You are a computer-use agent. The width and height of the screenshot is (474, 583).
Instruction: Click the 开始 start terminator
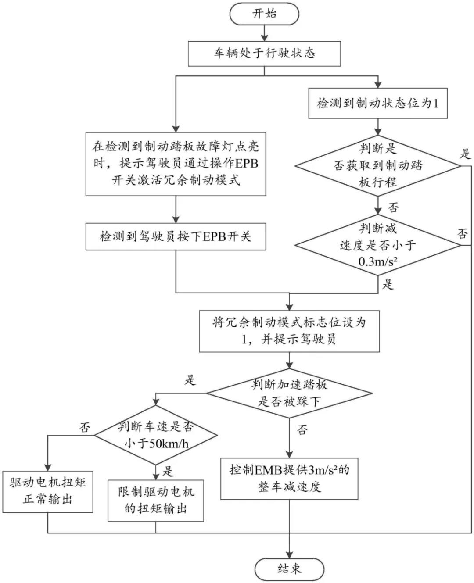click(264, 14)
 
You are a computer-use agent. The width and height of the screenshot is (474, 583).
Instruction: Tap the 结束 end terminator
click(289, 569)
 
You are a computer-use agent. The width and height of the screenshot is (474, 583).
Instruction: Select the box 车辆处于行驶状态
click(264, 54)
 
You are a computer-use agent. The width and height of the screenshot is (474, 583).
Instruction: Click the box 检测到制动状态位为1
click(377, 104)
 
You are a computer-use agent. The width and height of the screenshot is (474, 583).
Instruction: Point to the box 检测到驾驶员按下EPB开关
click(176, 237)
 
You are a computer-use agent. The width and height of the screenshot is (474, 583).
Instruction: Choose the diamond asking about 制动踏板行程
click(377, 166)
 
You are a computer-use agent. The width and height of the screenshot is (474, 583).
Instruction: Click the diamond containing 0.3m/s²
click(377, 245)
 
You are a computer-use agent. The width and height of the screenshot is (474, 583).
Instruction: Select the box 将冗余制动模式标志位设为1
click(289, 331)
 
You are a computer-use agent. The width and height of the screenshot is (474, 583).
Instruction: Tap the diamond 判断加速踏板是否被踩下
click(289, 393)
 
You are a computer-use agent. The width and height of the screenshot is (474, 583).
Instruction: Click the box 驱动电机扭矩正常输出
click(48, 491)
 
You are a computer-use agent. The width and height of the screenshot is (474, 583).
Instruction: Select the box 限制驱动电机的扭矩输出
click(156, 501)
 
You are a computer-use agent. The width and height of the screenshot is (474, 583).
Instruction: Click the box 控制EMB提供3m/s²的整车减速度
click(289, 479)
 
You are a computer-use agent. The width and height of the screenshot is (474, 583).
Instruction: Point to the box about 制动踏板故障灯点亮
click(176, 163)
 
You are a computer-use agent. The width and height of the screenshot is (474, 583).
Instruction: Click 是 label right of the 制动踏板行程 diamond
click(465, 154)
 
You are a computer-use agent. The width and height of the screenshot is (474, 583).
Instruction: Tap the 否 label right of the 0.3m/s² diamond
click(463, 233)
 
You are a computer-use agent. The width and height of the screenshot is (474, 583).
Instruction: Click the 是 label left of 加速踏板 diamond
click(190, 380)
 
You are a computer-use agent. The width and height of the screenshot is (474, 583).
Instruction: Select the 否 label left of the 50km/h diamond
click(85, 427)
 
